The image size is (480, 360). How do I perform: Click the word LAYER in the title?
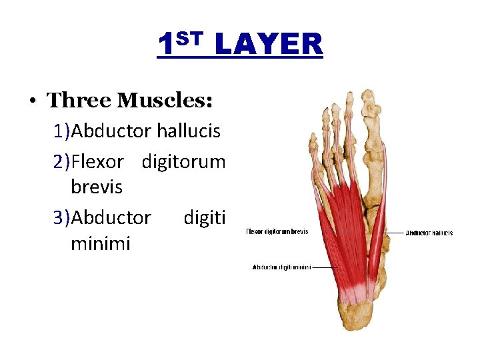tap(269, 45)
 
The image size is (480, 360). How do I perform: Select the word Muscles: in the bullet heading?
tap(165, 101)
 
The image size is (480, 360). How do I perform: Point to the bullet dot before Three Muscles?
tap(32, 101)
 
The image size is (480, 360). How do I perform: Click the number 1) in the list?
tap(63, 131)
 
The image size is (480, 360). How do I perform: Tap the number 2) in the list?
tap(63, 161)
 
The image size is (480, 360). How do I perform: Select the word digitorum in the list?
tap(183, 161)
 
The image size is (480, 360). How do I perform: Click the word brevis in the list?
tap(96, 187)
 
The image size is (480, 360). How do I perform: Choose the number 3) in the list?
tap(63, 218)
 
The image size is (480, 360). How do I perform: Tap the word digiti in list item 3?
tap(204, 218)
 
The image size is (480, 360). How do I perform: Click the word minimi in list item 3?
tap(100, 244)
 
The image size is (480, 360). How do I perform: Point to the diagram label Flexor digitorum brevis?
tap(277, 232)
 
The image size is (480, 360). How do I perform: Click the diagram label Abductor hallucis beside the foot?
tap(429, 233)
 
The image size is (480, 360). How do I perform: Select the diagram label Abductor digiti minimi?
tap(281, 267)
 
